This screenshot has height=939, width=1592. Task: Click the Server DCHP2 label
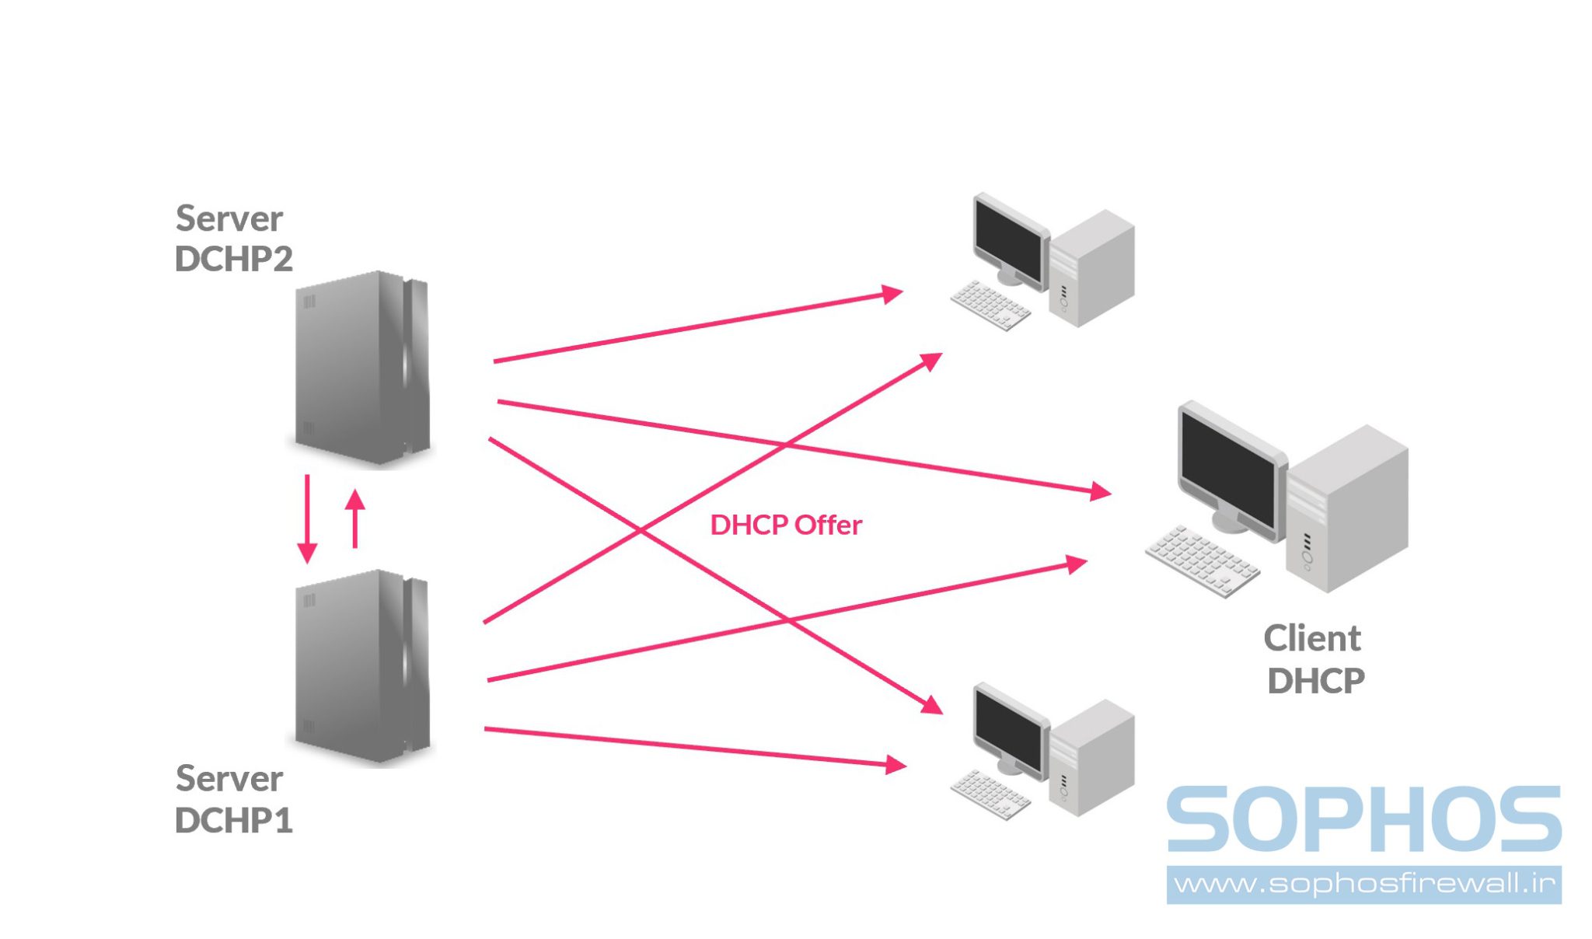232,238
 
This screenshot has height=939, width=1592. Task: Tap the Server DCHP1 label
232,799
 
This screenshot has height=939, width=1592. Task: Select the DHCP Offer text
785,525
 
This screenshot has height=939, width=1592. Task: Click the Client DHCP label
1314,659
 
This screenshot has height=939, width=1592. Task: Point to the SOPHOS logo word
1363,819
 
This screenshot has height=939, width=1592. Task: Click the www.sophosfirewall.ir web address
1363,885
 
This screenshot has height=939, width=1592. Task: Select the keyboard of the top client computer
990,305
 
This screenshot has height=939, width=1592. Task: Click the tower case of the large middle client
1349,509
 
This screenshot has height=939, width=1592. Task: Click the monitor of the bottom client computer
1009,731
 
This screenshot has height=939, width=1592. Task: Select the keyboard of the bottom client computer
990,794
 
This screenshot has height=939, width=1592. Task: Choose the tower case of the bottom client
1092,758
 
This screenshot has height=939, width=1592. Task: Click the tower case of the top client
1092,268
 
